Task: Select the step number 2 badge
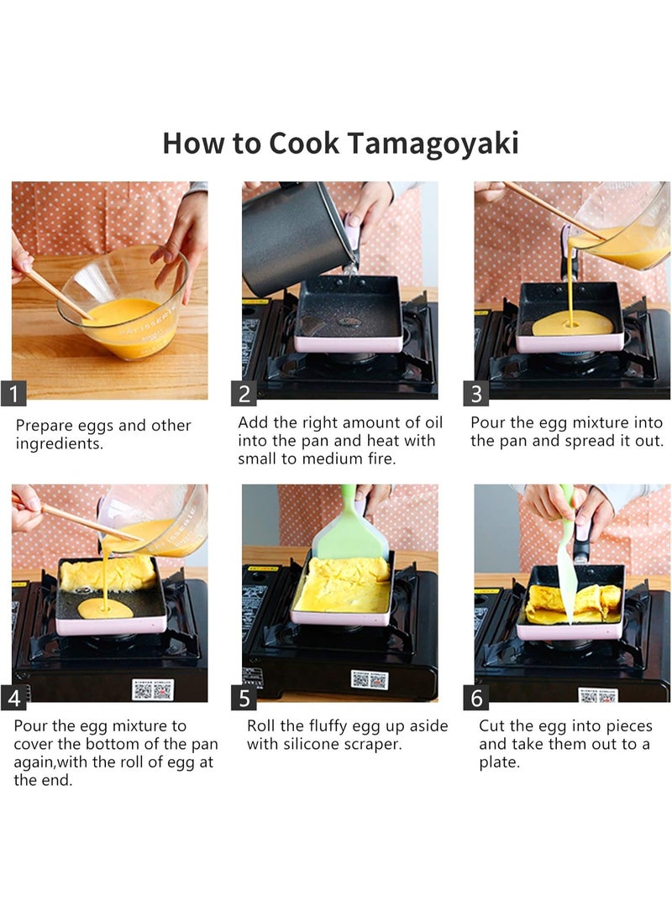coord(244,394)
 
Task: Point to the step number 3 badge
coord(475,394)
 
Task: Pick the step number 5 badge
coord(244,698)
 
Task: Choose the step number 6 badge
coord(475,698)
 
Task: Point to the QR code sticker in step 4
coord(153,689)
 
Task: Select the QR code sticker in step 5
coord(370,679)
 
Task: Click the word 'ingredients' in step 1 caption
coord(59,444)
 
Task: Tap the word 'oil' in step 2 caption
coord(432,422)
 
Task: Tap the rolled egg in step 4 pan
coord(108,573)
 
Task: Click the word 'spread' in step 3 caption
coord(591,441)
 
